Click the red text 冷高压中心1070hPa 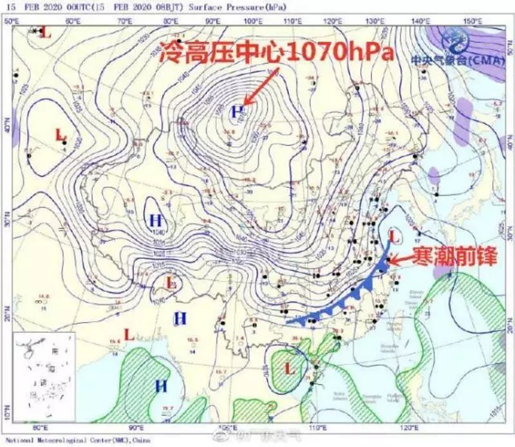point(277,52)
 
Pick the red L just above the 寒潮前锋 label point(395,237)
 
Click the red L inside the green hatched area point(290,368)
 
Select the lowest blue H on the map point(160,386)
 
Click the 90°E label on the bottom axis point(136,427)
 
